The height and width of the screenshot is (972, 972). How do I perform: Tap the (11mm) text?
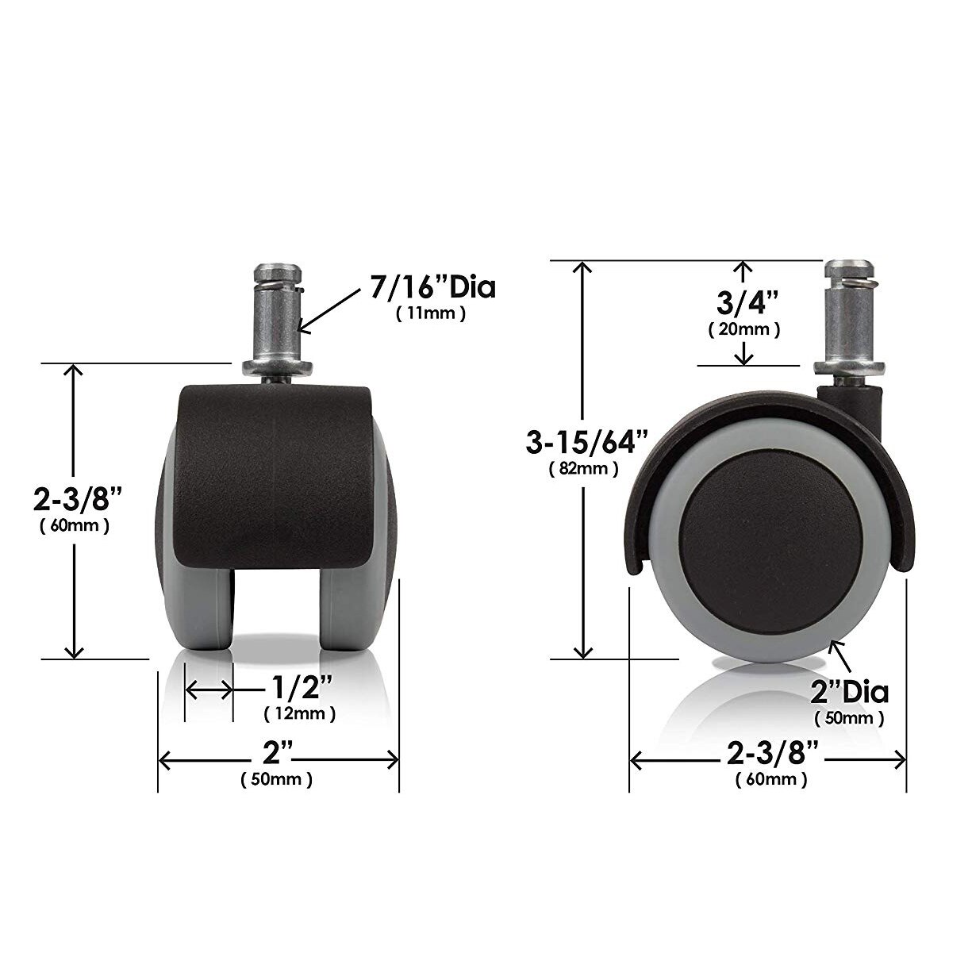click(x=430, y=313)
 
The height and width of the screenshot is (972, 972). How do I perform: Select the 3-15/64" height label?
click(x=586, y=441)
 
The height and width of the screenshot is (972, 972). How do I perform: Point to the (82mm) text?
click(x=583, y=469)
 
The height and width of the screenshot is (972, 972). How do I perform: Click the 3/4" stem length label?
click(x=743, y=302)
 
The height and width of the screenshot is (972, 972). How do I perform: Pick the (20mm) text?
click(x=743, y=328)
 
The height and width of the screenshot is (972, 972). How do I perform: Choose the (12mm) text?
click(x=299, y=714)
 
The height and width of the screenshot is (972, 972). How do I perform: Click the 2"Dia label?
click(x=849, y=692)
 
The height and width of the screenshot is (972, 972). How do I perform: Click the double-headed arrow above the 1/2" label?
click(x=209, y=690)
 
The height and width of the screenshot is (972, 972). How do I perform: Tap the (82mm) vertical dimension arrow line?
click(x=583, y=555)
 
